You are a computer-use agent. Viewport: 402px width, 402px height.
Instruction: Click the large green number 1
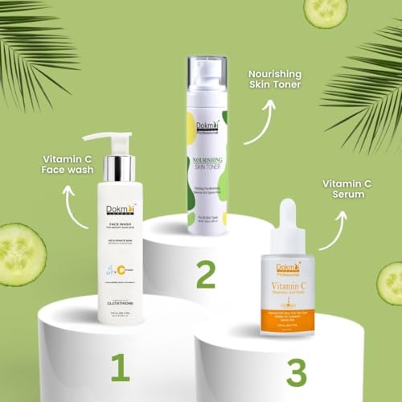pyautogui.click(x=120, y=367)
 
